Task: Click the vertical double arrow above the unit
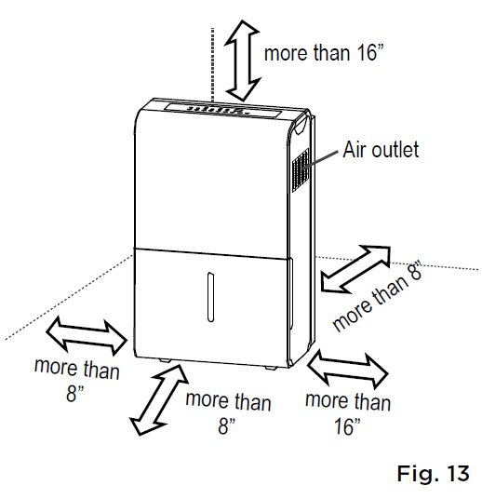(244, 61)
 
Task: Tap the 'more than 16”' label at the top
(324, 52)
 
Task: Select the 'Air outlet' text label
(381, 149)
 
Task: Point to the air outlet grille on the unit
(301, 170)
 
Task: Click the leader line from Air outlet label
(321, 159)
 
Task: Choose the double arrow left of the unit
(87, 336)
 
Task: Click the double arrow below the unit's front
(159, 399)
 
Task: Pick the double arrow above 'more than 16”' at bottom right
(347, 370)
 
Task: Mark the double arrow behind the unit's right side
(355, 269)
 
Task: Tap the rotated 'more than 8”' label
(377, 296)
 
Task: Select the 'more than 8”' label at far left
(76, 380)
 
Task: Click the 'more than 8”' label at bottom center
(228, 412)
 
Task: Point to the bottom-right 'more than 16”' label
(348, 412)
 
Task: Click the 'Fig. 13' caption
(433, 473)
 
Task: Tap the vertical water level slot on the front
(210, 297)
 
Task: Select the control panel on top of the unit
(222, 111)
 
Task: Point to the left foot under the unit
(165, 360)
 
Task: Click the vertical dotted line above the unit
(212, 64)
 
